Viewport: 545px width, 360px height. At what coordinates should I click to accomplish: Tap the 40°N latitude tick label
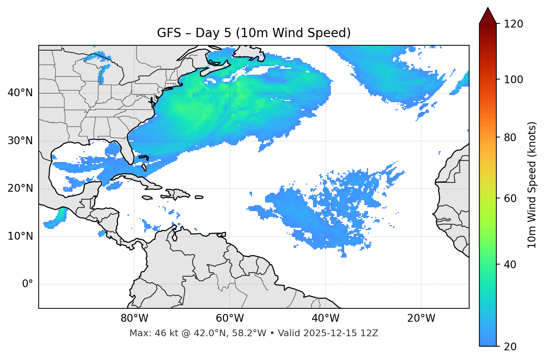coord(20,93)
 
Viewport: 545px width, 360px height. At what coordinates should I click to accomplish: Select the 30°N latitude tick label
coord(20,141)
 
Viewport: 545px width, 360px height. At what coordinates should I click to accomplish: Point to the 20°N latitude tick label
coord(20,188)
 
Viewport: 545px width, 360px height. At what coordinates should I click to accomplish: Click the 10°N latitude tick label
coord(20,236)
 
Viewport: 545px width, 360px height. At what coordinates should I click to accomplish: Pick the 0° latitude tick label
coord(27,284)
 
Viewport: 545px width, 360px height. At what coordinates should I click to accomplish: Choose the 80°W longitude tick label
coord(134,318)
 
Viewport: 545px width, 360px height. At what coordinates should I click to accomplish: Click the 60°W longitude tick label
coord(230,318)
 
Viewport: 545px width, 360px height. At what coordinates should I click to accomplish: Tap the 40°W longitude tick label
coord(325,318)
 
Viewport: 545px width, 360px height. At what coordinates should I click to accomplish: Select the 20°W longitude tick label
coord(421,318)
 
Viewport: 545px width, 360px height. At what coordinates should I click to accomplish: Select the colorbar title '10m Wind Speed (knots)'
coord(532,185)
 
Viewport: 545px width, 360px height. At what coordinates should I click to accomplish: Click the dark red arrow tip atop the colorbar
coord(488,14)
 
